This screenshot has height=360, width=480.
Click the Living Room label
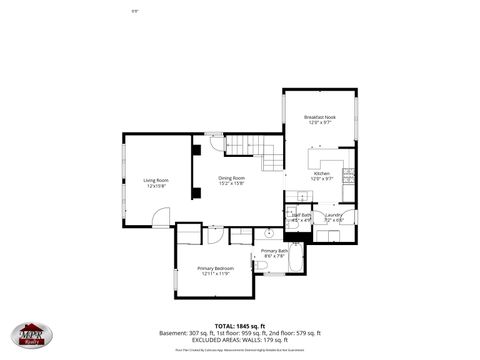155,180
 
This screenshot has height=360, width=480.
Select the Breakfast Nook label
321,117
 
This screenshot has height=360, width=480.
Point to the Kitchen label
321,173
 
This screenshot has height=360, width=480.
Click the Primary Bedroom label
215,268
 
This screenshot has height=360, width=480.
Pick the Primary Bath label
274,251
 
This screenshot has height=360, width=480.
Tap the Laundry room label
333,214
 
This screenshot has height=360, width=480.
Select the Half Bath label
300,214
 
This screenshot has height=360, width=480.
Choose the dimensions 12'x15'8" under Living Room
155,186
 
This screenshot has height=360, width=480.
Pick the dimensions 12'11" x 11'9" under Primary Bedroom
215,274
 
